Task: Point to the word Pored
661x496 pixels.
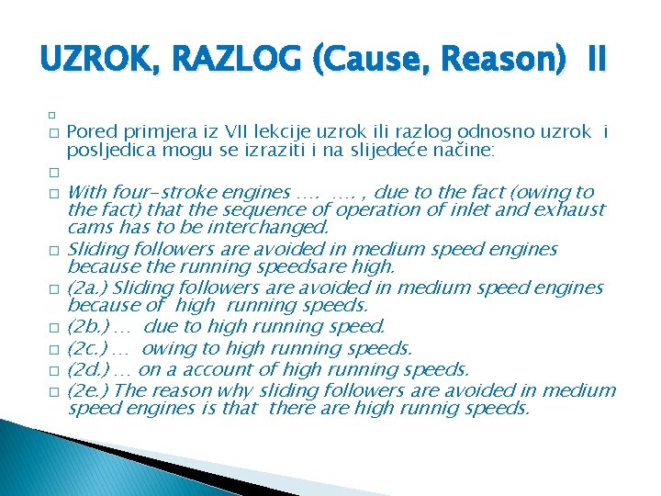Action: coord(90,132)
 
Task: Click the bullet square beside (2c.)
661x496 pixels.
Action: coord(54,350)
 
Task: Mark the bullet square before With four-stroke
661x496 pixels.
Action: coord(54,194)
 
